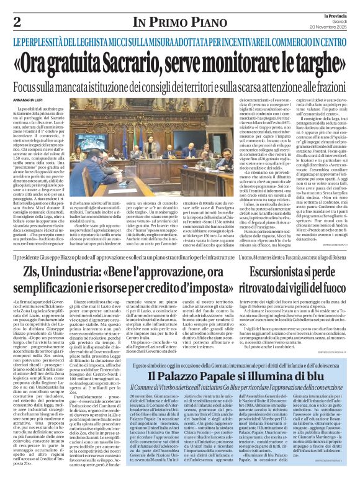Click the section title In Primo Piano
[180, 23]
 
